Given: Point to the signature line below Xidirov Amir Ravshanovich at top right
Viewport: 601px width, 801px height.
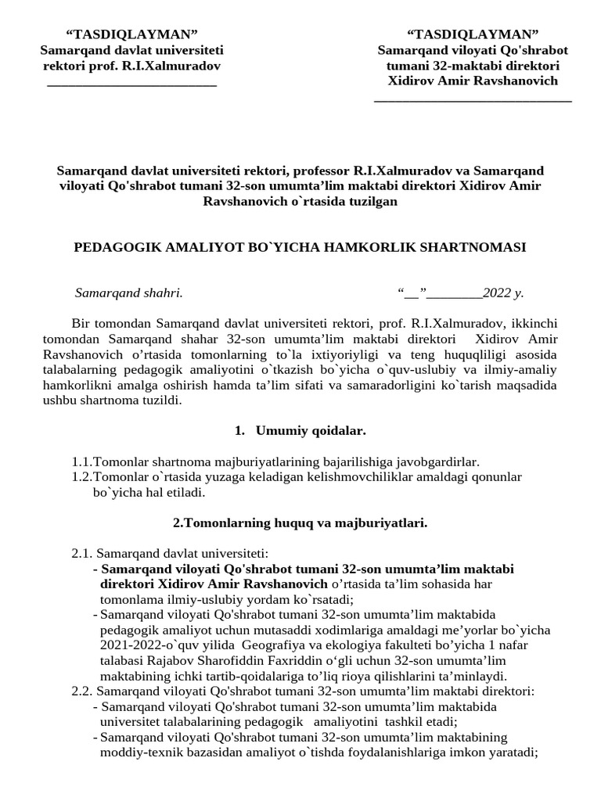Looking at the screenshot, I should point(473,100).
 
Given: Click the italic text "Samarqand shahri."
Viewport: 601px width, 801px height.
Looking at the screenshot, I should point(128,293).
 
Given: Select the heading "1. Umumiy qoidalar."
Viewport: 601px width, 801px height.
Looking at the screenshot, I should point(300,430).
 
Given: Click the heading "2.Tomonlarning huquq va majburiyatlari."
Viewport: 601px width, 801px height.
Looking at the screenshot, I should point(300,523).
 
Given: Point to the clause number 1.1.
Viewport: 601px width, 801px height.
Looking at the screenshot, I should point(82,462).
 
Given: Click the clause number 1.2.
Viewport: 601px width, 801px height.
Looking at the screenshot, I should point(82,476).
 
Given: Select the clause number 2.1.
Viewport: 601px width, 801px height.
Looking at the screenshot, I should point(82,553).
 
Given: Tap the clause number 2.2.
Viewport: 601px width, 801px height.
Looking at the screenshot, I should point(82,691).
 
